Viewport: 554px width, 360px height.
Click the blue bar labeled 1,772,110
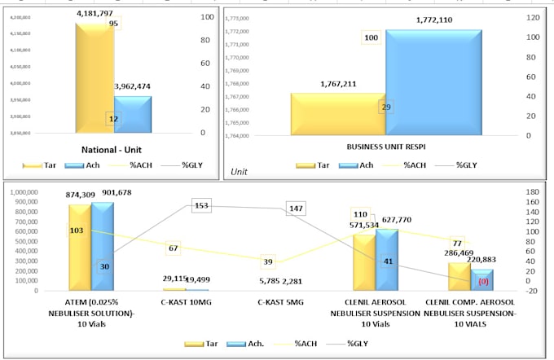coord(433,81)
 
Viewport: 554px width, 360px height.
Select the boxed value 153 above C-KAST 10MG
coord(202,206)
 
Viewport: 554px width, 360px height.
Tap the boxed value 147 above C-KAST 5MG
coord(296,209)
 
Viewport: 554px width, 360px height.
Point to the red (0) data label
coord(482,281)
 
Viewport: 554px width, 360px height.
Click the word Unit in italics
coord(239,171)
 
